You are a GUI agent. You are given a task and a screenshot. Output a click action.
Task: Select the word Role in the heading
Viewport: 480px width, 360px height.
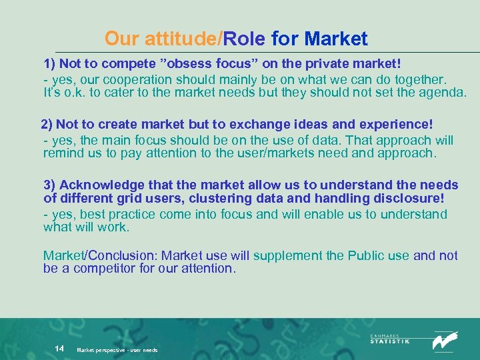245,39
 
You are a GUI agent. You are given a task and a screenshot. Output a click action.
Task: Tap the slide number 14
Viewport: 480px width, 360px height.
59,349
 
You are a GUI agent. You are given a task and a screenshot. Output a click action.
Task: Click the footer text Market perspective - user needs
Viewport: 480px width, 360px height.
117,350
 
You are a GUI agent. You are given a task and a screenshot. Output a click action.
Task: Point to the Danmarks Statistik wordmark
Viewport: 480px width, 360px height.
390,339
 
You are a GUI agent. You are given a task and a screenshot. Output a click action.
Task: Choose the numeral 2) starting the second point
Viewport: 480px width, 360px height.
47,125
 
